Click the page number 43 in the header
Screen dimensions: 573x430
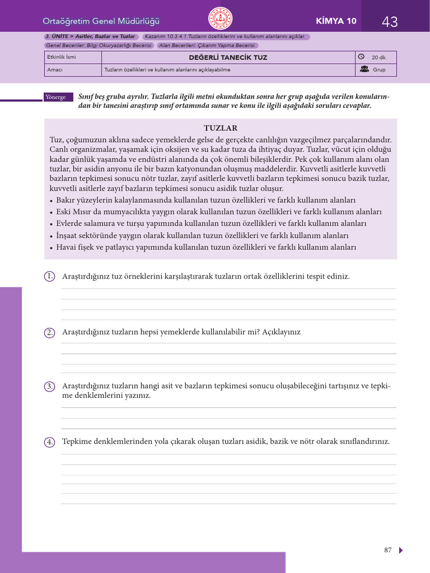[x=390, y=22]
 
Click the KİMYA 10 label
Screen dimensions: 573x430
[x=336, y=21]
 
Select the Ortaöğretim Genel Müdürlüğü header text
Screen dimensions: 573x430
[x=101, y=21]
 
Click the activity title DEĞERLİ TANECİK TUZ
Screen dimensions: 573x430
[x=228, y=58]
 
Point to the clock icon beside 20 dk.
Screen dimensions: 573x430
[x=361, y=57]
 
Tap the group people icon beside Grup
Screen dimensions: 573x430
[x=364, y=69]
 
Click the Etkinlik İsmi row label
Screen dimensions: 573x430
[x=62, y=58]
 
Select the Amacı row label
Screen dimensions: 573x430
[x=55, y=70]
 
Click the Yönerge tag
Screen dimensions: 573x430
[x=55, y=97]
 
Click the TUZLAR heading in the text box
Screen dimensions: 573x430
[x=221, y=128]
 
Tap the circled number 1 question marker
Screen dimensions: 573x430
[x=50, y=276]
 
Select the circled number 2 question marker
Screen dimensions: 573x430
[x=50, y=332]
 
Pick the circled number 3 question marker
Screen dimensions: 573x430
[x=50, y=387]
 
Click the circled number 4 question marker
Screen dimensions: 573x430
[x=50, y=442]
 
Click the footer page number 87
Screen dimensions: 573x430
[x=388, y=550]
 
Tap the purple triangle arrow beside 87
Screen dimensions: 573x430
[x=401, y=550]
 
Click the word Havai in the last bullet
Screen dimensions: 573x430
[x=67, y=247]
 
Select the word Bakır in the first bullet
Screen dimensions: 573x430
[x=67, y=200]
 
